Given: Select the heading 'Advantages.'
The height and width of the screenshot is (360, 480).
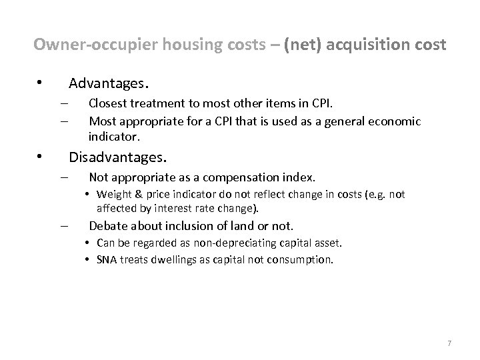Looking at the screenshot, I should tap(109, 84).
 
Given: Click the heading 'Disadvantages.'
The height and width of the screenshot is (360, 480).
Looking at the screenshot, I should tap(118, 158).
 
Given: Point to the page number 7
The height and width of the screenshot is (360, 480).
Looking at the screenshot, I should tap(449, 343).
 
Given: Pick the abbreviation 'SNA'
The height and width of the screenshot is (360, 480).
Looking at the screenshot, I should tap(107, 260).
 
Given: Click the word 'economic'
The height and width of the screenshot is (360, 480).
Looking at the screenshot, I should tap(399, 121).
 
